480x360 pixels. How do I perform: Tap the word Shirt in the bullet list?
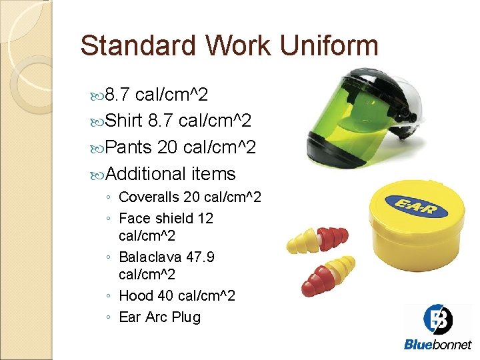[x=125, y=121]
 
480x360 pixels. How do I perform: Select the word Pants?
[x=129, y=147]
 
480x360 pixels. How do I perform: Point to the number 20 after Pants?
[x=167, y=147]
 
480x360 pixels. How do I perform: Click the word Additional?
[x=146, y=174]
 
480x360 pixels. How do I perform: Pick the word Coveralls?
[x=149, y=198]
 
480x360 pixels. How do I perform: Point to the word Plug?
[x=186, y=317]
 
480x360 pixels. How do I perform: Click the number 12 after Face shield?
[x=205, y=218]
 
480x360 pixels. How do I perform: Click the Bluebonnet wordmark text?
[x=438, y=345]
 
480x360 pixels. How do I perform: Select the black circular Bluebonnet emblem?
[x=438, y=321]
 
